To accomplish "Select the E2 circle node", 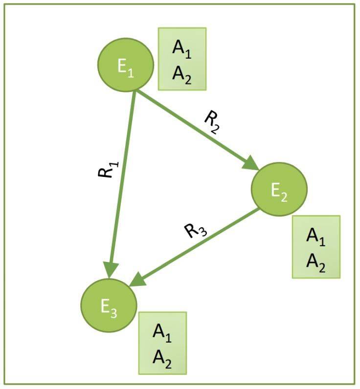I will [x=279, y=189].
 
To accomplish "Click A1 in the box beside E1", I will [x=182, y=49].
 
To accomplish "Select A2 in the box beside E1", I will [x=182, y=74].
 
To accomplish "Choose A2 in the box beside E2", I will [x=315, y=262].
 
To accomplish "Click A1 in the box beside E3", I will [x=163, y=332].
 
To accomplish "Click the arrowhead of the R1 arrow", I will [x=111, y=270].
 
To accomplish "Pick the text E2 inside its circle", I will [x=279, y=192].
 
